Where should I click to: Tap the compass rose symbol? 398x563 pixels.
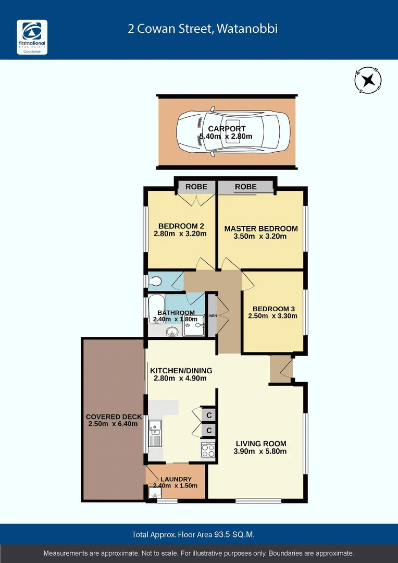368,80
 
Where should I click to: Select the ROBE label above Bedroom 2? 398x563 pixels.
196,187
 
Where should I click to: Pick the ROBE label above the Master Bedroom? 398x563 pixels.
245,187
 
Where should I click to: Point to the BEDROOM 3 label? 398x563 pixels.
272,308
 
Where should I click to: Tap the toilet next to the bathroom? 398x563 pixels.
155,281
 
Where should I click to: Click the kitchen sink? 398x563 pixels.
155,433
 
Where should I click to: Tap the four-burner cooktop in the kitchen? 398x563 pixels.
208,450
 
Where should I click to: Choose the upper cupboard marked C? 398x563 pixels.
209,415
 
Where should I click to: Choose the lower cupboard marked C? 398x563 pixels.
209,431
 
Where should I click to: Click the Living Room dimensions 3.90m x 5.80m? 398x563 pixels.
260,451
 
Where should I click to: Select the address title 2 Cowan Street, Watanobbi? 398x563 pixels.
203,28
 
